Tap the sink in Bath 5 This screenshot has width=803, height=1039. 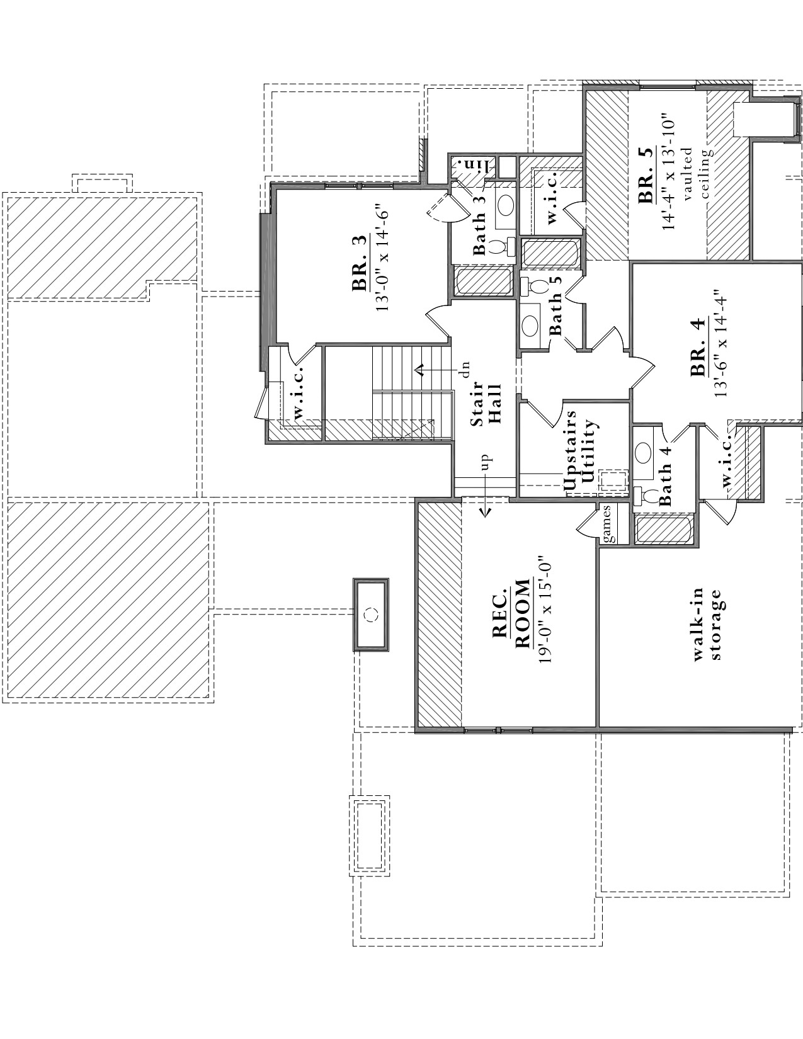[530, 326]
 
